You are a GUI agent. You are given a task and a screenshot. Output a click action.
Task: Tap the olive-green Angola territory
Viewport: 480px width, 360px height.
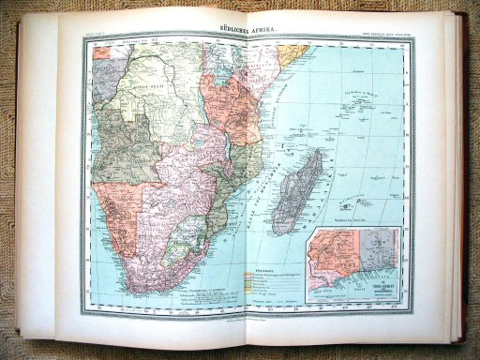(127, 141)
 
